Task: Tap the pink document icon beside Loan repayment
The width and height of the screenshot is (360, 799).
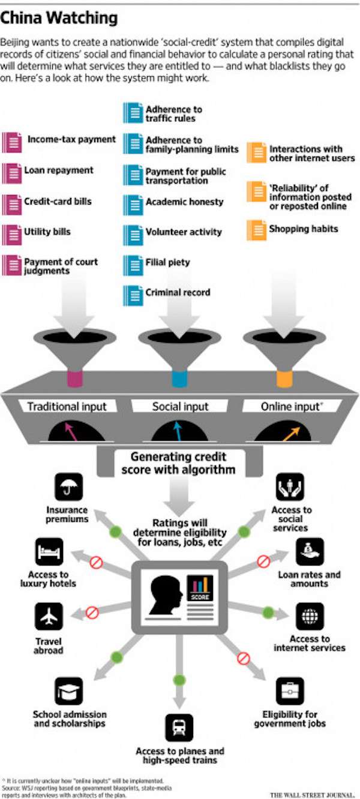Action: (11, 172)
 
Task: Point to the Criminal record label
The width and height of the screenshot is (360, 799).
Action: (178, 293)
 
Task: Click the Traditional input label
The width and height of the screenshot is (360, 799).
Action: (67, 406)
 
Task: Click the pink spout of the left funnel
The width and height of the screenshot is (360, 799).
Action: (74, 379)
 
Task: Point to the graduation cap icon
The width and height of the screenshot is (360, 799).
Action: (68, 691)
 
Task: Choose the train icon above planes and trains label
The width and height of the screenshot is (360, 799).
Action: (179, 727)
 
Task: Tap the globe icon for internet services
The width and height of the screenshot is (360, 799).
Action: (310, 616)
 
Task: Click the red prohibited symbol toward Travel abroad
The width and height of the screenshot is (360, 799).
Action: (92, 612)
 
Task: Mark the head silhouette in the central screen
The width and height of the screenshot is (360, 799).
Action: (165, 594)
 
